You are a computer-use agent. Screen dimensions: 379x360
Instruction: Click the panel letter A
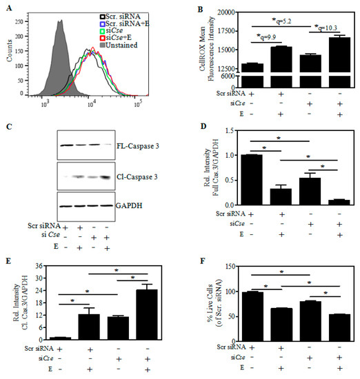[8, 7]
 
